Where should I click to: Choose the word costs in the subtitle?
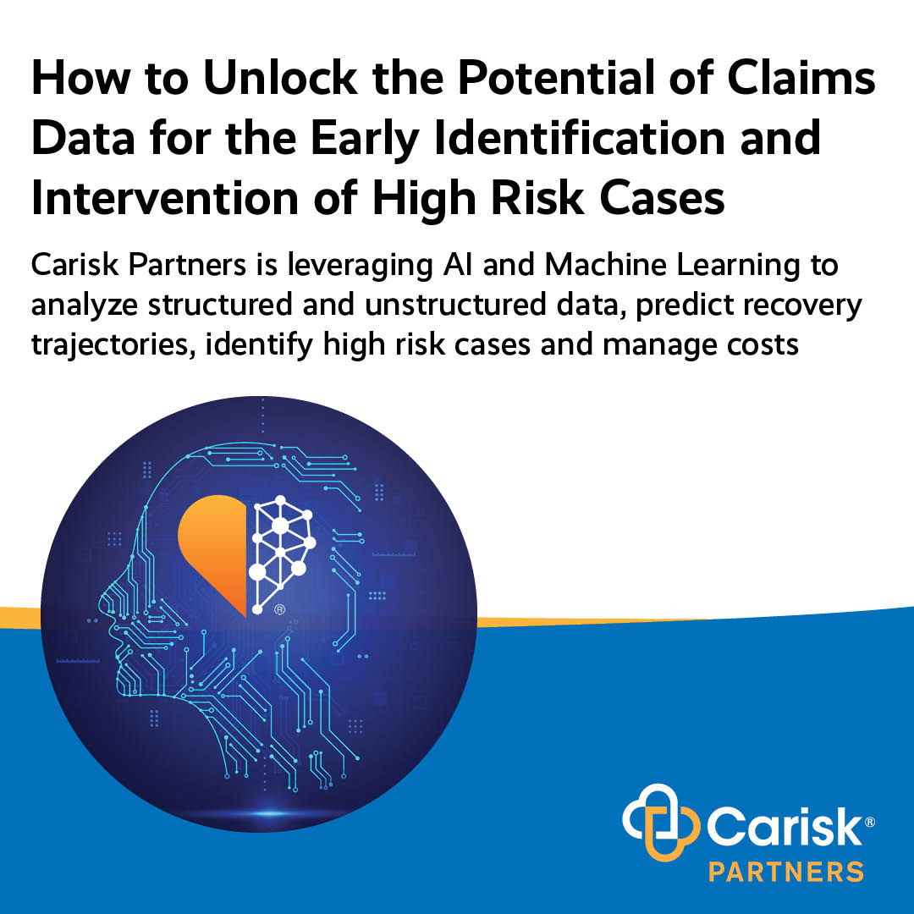[x=762, y=345]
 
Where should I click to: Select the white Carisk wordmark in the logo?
[x=776, y=825]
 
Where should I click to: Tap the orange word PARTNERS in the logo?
[x=785, y=870]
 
